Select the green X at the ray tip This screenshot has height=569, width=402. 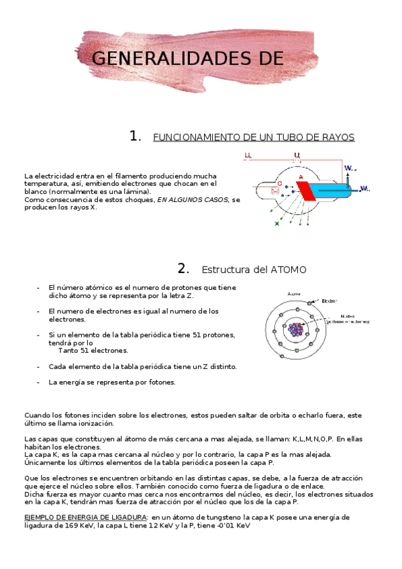[277, 223]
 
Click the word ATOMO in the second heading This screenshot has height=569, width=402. [289, 270]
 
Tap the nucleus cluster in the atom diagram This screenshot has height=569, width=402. [295, 329]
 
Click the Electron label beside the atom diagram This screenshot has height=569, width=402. [329, 300]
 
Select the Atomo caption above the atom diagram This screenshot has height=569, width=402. [294, 293]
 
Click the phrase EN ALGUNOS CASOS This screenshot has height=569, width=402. [193, 199]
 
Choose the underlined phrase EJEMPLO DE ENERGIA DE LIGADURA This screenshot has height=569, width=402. [86, 517]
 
